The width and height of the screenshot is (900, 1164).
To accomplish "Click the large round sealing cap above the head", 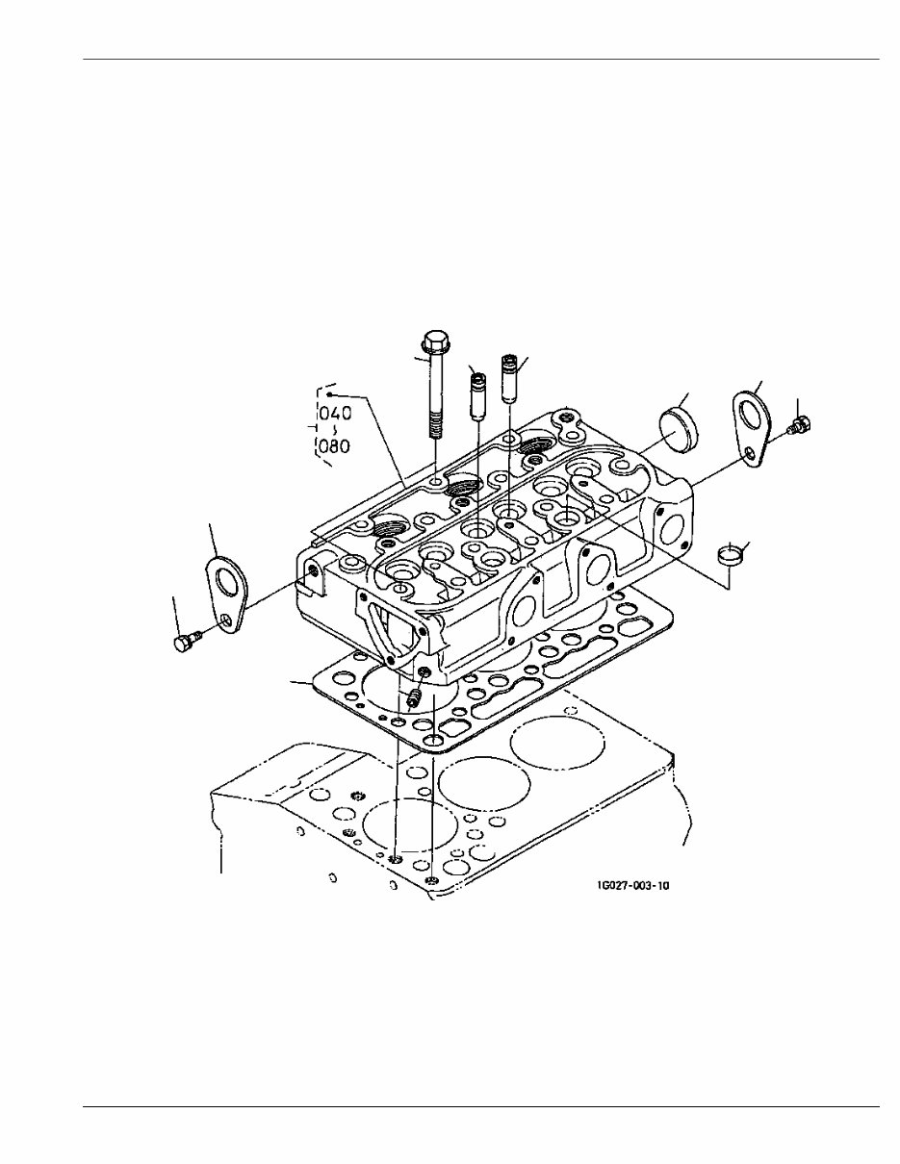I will [681, 423].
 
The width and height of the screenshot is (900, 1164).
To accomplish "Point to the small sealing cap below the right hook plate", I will [733, 555].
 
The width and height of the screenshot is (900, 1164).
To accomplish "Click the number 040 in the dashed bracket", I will [334, 413].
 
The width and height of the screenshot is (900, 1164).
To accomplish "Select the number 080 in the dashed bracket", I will [334, 447].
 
